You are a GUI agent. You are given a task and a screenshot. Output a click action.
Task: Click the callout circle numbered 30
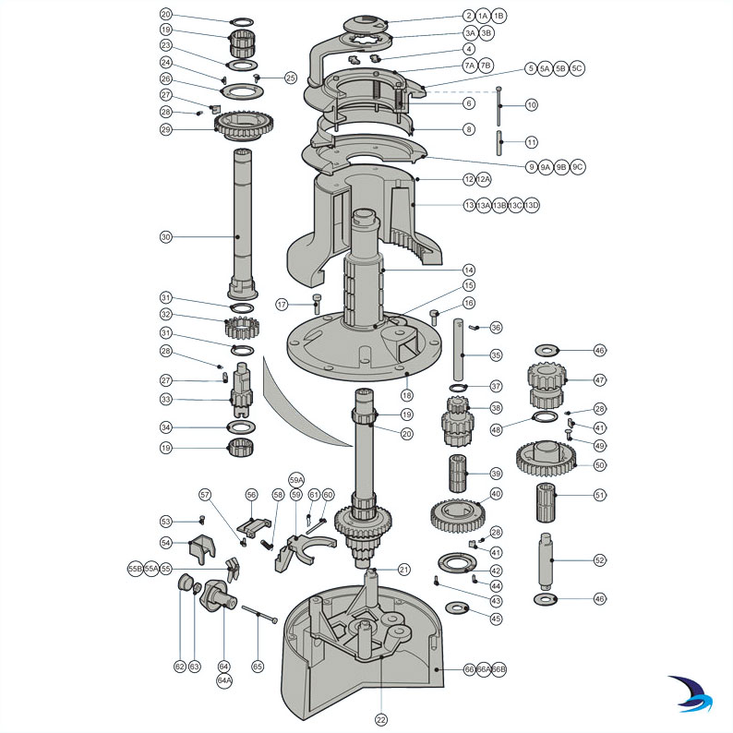click(x=165, y=237)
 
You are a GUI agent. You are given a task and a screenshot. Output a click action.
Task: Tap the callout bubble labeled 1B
click(x=499, y=16)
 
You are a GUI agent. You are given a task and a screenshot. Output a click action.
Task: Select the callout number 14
click(x=469, y=270)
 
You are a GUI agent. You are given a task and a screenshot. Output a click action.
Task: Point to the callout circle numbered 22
click(x=380, y=718)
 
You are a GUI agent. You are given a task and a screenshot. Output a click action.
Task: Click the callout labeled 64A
click(x=224, y=680)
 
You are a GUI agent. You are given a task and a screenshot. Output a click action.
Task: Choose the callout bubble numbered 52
click(x=600, y=559)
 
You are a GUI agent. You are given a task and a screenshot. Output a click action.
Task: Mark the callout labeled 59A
click(x=296, y=480)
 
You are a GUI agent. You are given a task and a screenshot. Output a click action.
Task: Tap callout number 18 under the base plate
click(x=407, y=394)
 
